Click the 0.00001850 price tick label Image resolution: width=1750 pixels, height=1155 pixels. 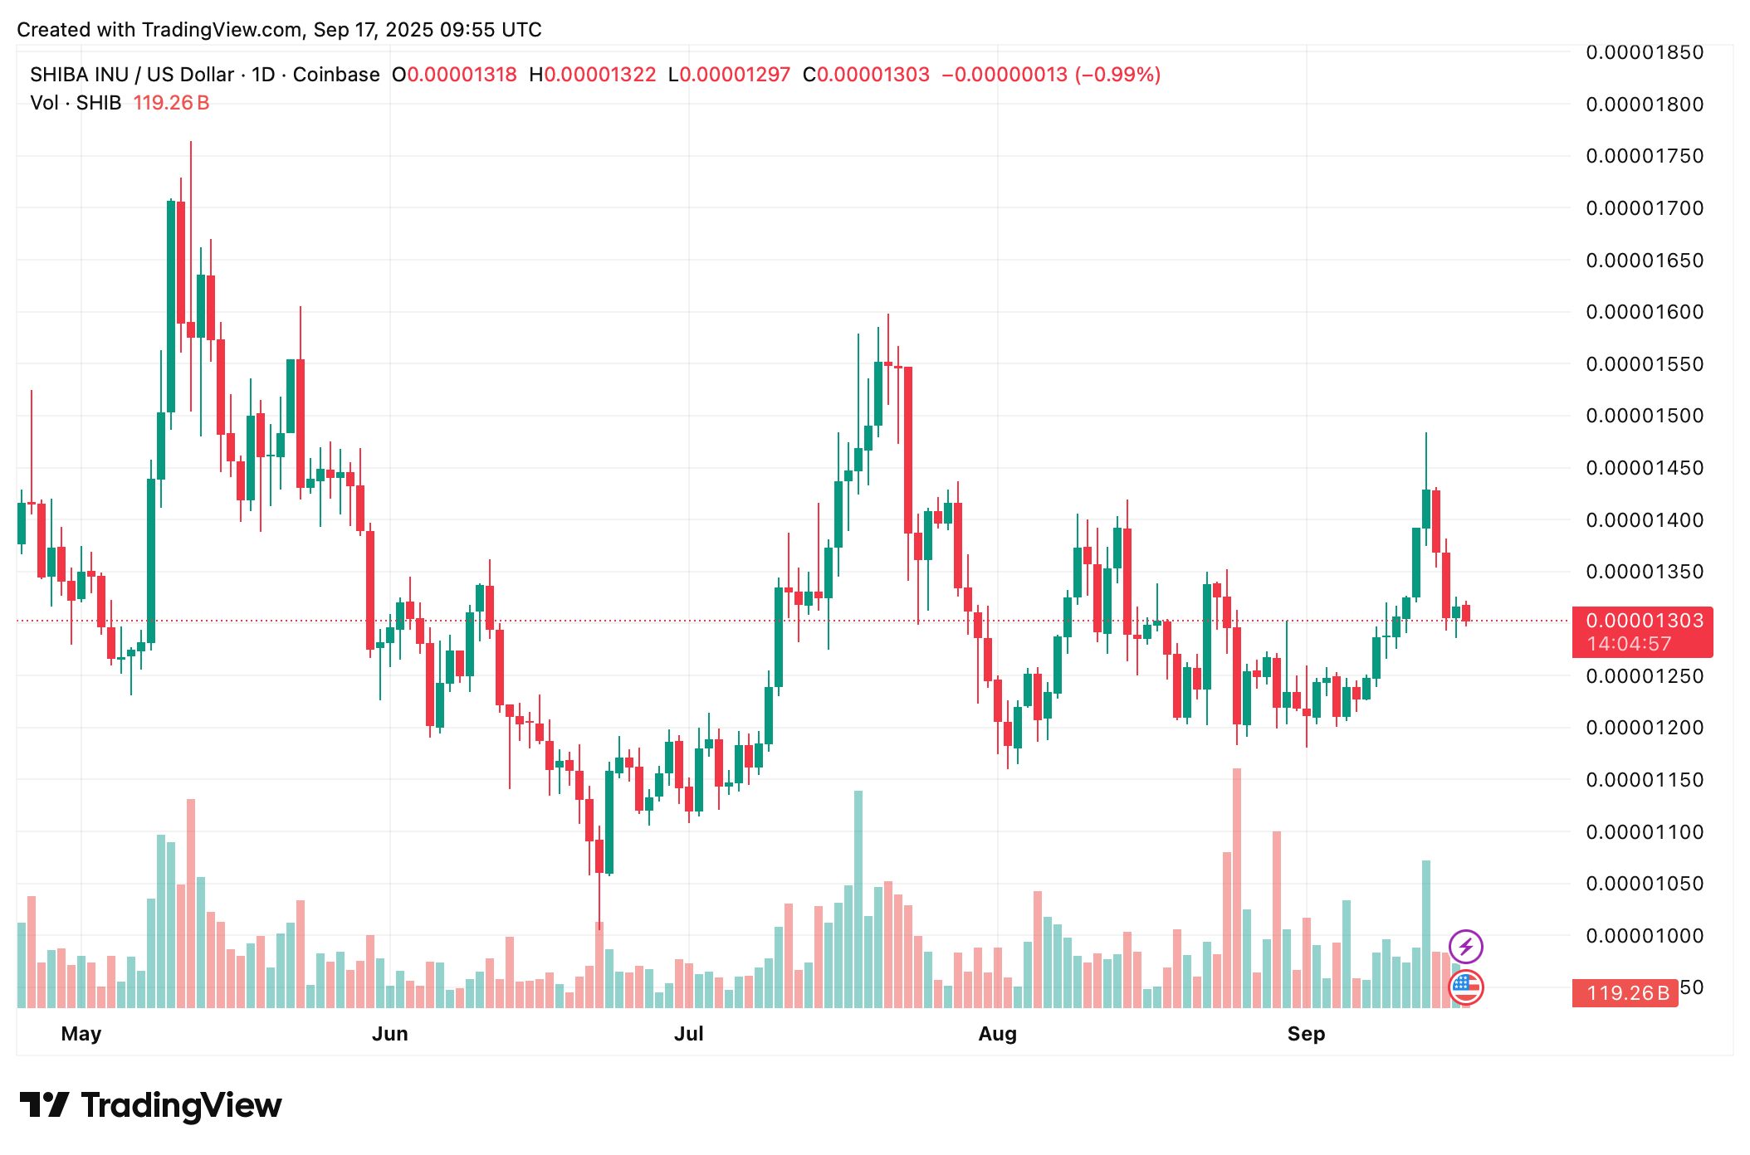coord(1644,52)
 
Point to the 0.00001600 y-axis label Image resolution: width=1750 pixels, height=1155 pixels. coord(1644,312)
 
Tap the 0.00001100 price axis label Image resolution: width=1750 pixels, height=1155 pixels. coord(1644,832)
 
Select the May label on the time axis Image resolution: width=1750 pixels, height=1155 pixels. coord(81,1034)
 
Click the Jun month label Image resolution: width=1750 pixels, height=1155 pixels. coord(389,1034)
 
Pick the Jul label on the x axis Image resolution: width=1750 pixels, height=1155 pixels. coord(688,1034)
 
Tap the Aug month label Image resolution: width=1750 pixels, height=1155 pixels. coord(997,1034)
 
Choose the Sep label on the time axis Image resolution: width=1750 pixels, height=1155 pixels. coord(1306,1034)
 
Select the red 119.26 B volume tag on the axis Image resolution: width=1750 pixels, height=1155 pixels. coord(1625,993)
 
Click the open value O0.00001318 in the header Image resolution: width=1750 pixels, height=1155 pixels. coord(454,75)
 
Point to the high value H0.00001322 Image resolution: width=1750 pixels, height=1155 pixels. coord(593,75)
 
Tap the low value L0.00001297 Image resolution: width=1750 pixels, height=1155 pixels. coord(730,75)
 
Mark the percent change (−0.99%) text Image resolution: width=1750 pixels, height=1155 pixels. coord(1117,75)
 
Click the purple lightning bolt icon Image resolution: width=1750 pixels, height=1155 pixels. coord(1465,946)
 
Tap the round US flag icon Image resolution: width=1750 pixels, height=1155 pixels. coord(1465,987)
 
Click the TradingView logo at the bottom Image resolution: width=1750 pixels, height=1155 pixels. coord(151,1105)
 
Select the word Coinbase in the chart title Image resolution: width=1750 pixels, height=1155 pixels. coord(336,75)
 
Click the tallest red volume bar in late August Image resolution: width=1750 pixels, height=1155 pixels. coord(1237,888)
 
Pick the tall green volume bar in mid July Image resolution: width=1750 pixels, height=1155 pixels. coord(858,899)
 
